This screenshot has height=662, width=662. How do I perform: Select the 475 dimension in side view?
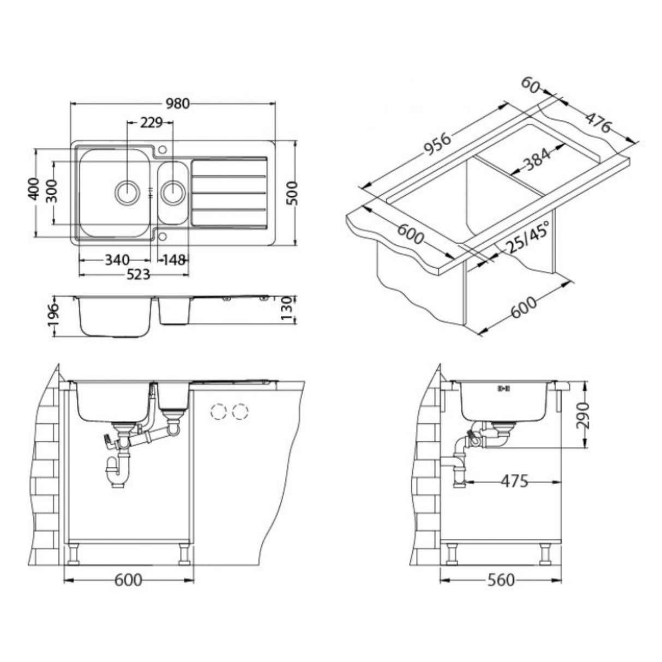[x=515, y=481]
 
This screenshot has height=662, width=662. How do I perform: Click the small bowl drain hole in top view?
[x=173, y=192]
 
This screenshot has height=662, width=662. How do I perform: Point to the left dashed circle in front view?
[x=219, y=412]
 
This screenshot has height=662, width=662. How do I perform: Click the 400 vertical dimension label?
[x=34, y=190]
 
